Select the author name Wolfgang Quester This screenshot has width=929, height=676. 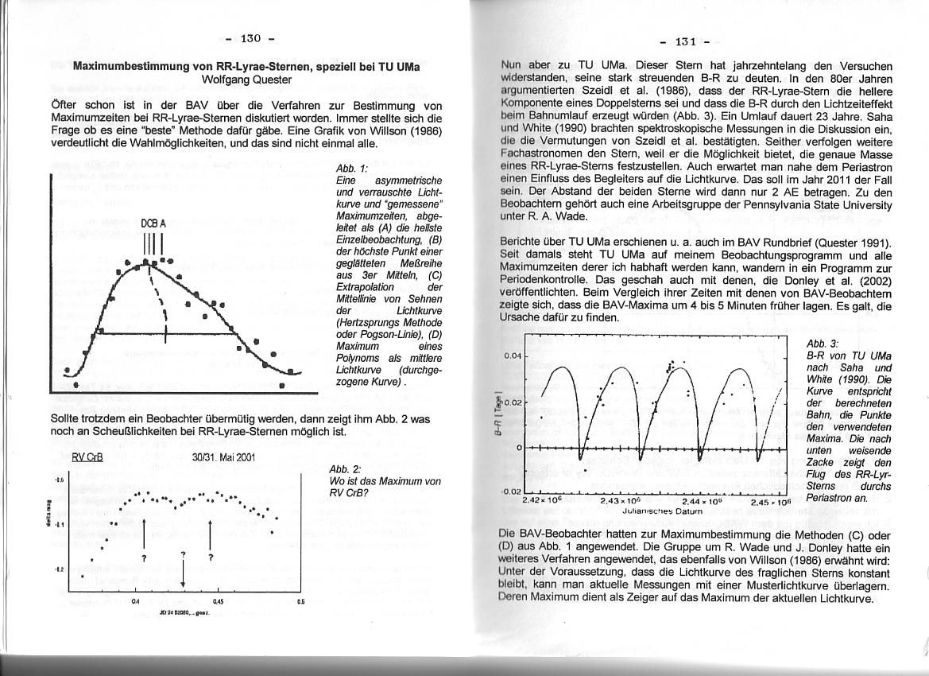coord(246,80)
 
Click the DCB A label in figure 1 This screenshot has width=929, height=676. coord(153,224)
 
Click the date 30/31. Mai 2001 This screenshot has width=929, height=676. coord(223,457)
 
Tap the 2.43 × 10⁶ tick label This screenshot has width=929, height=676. coord(621,501)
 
